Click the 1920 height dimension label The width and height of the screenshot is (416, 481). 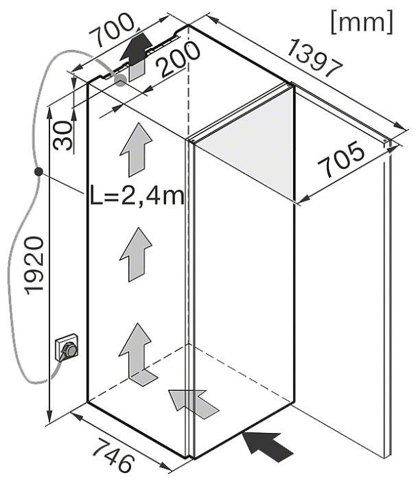pyautogui.click(x=34, y=266)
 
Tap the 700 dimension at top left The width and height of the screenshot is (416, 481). pyautogui.click(x=113, y=30)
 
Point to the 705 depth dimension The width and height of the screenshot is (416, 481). pyautogui.click(x=341, y=159)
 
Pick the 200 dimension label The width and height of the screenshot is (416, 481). pyautogui.click(x=178, y=60)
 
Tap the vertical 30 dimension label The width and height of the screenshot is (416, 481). pyautogui.click(x=62, y=135)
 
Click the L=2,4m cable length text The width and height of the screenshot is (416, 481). pyautogui.click(x=137, y=196)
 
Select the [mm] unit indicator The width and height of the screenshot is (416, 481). pyautogui.click(x=362, y=22)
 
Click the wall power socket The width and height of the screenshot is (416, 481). pyautogui.click(x=67, y=348)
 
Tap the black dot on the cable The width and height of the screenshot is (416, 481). pyautogui.click(x=38, y=172)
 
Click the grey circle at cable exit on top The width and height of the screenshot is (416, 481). pyautogui.click(x=120, y=80)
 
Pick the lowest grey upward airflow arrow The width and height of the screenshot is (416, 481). pyautogui.click(x=137, y=354)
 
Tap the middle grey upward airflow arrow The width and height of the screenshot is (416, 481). pyautogui.click(x=136, y=255)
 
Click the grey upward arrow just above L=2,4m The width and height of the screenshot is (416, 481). pyautogui.click(x=136, y=150)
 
